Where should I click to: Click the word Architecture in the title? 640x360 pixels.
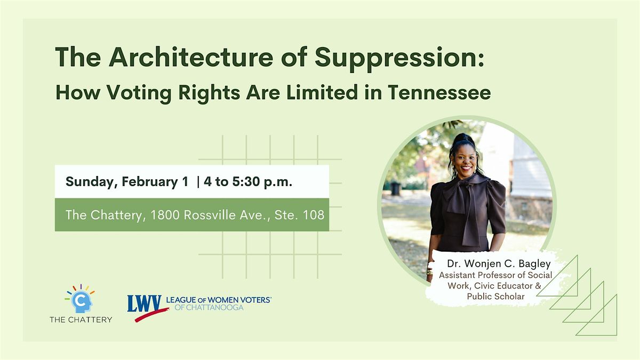(x=191, y=57)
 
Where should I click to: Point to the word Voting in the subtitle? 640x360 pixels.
(x=139, y=93)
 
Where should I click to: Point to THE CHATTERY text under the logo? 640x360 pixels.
(x=81, y=319)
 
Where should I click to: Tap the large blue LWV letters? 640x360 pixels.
(x=145, y=303)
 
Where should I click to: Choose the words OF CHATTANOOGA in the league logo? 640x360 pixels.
(x=209, y=307)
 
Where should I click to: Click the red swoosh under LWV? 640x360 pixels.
(x=151, y=315)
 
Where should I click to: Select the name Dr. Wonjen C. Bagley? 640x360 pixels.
(x=499, y=263)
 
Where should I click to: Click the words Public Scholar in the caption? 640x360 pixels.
(x=495, y=297)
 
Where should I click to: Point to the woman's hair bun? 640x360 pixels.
(x=463, y=140)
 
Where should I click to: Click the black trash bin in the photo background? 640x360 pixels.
(x=396, y=189)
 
